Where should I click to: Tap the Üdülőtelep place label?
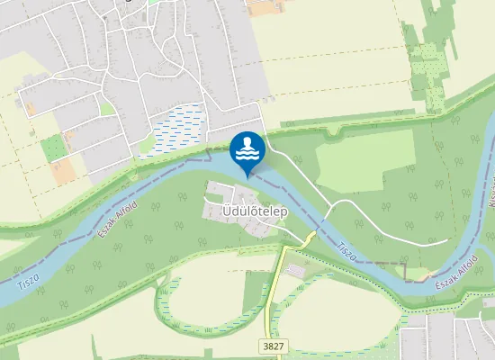click(254, 211)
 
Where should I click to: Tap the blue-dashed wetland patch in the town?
click(179, 128)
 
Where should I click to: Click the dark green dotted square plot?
click(53, 147)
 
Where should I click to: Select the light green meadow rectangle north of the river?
click(359, 162)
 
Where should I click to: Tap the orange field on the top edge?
click(265, 7)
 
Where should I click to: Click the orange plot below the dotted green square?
click(61, 170)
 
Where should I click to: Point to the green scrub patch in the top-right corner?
click(428, 67)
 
